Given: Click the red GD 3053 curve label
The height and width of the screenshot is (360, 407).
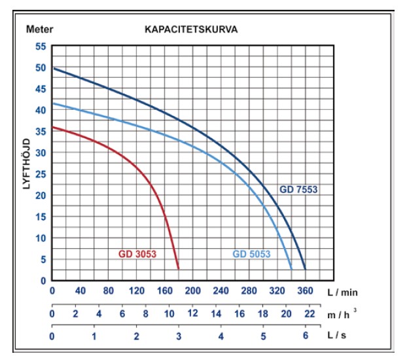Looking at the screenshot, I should [x=137, y=254].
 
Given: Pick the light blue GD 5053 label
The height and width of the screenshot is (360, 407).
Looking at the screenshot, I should [x=252, y=254].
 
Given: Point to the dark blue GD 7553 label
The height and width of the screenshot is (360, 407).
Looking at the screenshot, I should [x=299, y=190].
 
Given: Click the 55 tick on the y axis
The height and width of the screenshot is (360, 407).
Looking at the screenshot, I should [x=41, y=46].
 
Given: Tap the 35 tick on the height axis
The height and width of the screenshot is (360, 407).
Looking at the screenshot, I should [x=41, y=132].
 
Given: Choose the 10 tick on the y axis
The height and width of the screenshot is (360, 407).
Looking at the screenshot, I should [x=41, y=238].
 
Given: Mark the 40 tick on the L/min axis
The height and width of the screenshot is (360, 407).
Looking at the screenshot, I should [x=80, y=291].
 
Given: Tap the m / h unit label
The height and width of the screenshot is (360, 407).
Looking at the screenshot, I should [x=342, y=314].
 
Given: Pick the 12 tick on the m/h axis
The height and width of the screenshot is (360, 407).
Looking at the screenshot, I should [x=192, y=314].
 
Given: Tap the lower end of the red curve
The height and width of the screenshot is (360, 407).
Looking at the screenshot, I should [x=178, y=268].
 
